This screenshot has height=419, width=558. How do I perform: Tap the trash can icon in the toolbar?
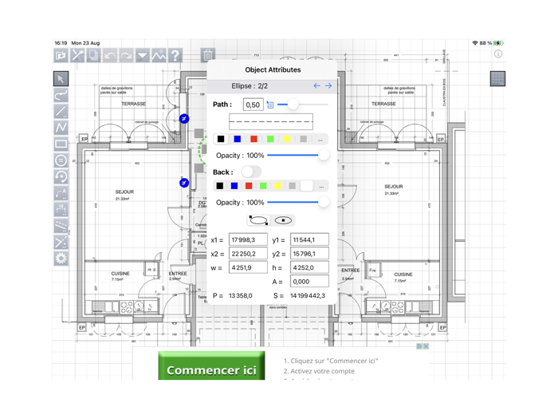(x=208, y=55)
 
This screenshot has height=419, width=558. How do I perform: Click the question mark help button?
(x=175, y=56)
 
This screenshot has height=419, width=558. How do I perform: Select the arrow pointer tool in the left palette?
(x=61, y=79)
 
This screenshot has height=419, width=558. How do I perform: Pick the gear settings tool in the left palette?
(x=61, y=258)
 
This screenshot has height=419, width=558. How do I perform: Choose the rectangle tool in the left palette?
(x=61, y=144)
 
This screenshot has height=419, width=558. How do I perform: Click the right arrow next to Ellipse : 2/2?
(x=328, y=85)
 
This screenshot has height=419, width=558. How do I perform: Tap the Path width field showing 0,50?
(x=253, y=105)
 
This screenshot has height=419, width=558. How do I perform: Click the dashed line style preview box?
(x=271, y=121)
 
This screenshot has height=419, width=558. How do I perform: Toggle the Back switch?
(x=251, y=172)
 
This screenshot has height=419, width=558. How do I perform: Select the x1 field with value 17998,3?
(x=248, y=239)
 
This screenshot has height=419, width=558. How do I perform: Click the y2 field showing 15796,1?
(x=309, y=254)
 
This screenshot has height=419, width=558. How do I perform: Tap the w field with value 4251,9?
(x=248, y=268)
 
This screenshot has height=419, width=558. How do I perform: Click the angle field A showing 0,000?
(x=309, y=282)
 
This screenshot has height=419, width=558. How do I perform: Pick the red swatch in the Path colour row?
(x=253, y=139)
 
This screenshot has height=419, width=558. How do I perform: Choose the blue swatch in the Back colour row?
(x=234, y=186)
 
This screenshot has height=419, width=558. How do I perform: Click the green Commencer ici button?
(x=211, y=370)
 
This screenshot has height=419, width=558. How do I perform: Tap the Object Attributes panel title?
(x=273, y=69)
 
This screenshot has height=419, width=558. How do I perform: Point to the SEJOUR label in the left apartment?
(x=124, y=192)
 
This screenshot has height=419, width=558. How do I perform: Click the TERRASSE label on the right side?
(x=383, y=104)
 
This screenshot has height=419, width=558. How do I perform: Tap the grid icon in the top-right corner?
(x=497, y=78)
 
